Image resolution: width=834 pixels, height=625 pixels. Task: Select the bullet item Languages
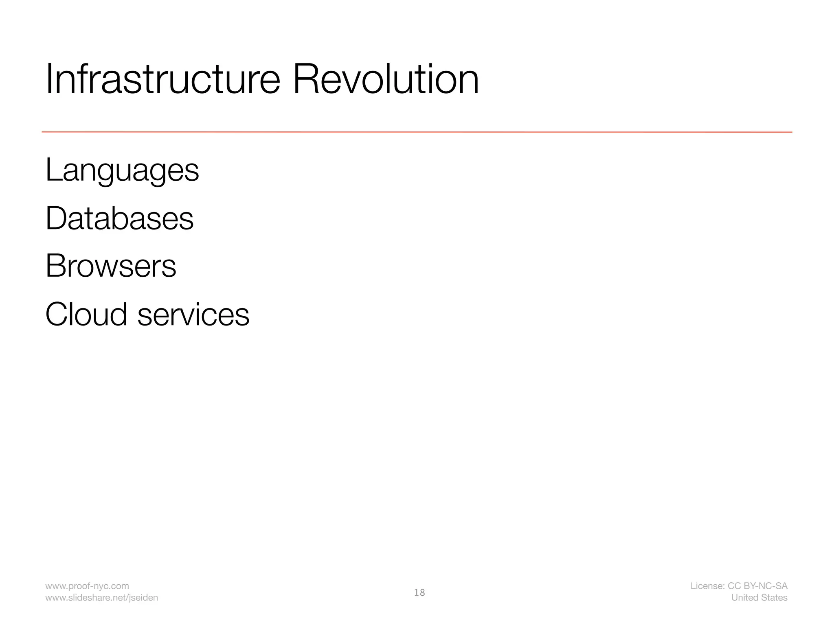pyautogui.click(x=122, y=170)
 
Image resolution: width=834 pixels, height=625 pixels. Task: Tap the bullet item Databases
pyautogui.click(x=119, y=219)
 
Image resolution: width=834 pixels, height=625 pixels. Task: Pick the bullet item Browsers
pyautogui.click(x=111, y=266)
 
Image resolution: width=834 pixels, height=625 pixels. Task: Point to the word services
pyautogui.click(x=193, y=315)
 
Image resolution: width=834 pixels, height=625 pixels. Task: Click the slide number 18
pyautogui.click(x=419, y=593)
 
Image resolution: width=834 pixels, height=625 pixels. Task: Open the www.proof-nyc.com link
pyautogui.click(x=87, y=586)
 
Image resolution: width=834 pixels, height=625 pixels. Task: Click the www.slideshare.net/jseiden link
pyautogui.click(x=101, y=598)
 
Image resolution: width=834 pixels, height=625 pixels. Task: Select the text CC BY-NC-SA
pyautogui.click(x=757, y=586)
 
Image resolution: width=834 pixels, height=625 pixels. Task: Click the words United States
pyautogui.click(x=759, y=598)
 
